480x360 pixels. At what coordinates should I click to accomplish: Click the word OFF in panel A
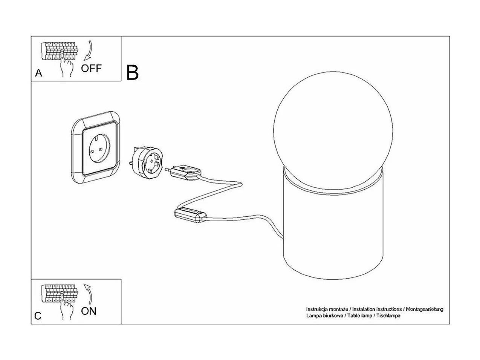[x=91, y=68]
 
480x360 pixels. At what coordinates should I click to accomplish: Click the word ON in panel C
[x=89, y=311]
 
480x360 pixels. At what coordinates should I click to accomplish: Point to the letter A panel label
[x=38, y=74]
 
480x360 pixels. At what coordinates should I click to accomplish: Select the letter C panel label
[x=38, y=316]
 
